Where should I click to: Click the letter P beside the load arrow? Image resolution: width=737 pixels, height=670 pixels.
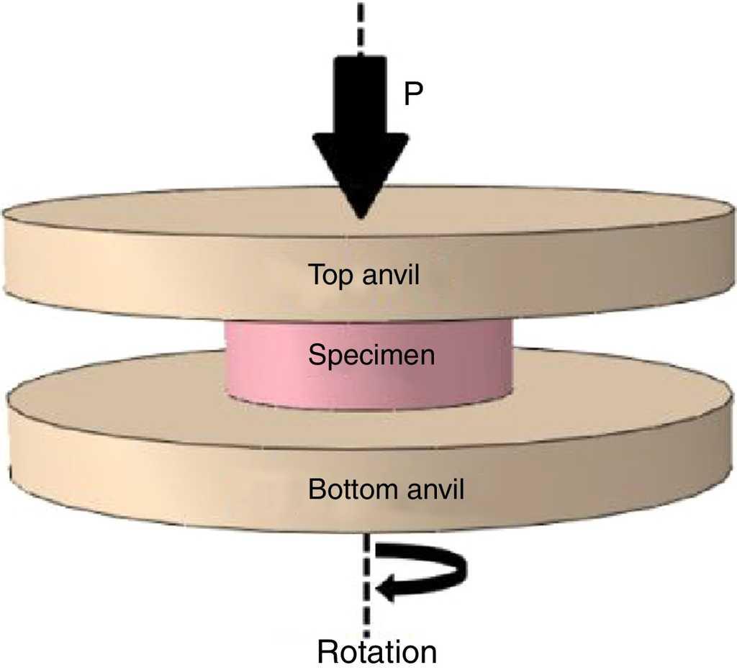click(412, 94)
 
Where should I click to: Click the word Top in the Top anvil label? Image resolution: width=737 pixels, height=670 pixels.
click(327, 276)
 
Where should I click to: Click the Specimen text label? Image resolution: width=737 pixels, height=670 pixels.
click(371, 356)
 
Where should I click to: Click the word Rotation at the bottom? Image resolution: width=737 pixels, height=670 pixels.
click(377, 652)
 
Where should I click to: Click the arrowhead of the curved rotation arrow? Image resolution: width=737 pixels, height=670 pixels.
click(384, 590)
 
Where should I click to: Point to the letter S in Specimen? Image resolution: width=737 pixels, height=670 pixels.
click(315, 356)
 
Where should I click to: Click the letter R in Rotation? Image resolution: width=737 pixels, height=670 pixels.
click(327, 652)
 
